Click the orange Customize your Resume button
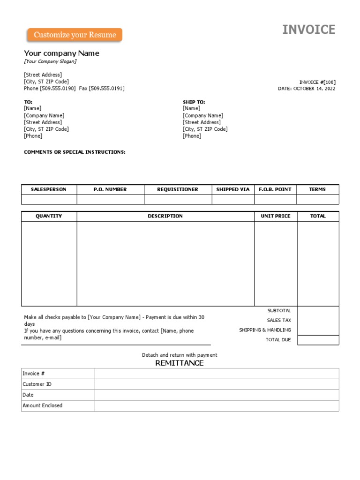point(75,35)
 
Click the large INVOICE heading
point(308,30)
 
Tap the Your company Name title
point(61,53)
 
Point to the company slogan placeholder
point(50,61)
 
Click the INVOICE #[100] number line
point(317,82)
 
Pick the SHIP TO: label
point(194,102)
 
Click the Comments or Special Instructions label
point(75,152)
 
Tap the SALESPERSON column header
point(49,189)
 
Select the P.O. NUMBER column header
point(110,189)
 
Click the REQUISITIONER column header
point(178,189)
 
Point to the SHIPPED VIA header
point(233,189)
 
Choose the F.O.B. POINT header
point(275,189)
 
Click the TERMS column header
point(317,189)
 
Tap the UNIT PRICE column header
point(276,216)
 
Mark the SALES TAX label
point(279,320)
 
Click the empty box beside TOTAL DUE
point(318,340)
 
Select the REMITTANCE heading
point(180,363)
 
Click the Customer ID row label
point(37,384)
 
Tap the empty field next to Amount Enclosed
point(217,406)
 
